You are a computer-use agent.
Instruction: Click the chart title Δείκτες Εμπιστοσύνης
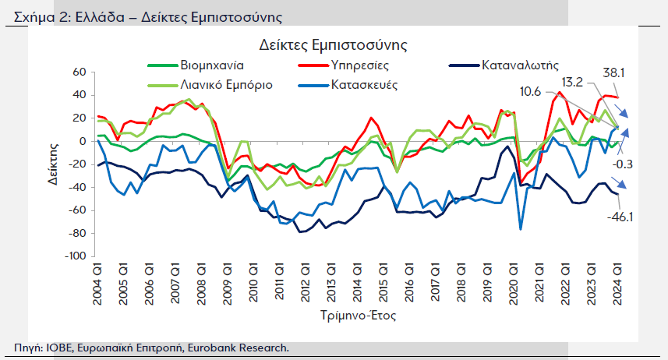334,48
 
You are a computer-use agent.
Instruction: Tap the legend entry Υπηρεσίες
359,65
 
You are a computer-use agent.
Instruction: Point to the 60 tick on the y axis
77,72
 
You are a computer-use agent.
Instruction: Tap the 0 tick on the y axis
80,141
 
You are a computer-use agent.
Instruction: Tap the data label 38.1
614,72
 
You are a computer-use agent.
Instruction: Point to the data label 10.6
530,91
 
